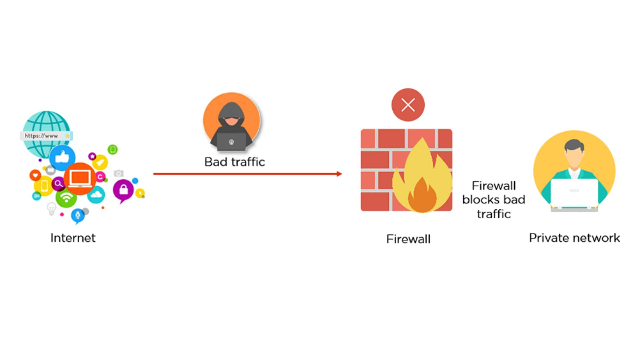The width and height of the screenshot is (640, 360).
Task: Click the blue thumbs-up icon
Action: pyautogui.click(x=62, y=157)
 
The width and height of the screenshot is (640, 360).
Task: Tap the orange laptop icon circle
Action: pyautogui.click(x=80, y=178)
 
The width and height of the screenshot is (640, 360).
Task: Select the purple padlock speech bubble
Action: pyautogui.click(x=123, y=190)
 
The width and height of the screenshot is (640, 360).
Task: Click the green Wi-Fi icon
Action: pyautogui.click(x=66, y=198)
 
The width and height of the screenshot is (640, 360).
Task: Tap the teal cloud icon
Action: pyautogui.click(x=96, y=195)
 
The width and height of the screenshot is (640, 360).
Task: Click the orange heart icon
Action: pyautogui.click(x=35, y=175)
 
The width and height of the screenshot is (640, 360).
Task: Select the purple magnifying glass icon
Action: pyautogui.click(x=58, y=183)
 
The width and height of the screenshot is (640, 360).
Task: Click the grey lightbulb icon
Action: pyautogui.click(x=51, y=209)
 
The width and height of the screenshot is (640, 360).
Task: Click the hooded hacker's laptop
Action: pyautogui.click(x=231, y=142)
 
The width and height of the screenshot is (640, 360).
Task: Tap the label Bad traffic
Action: pyautogui.click(x=235, y=162)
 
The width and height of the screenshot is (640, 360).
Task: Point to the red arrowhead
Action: pyautogui.click(x=339, y=174)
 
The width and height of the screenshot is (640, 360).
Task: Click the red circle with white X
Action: pyautogui.click(x=408, y=105)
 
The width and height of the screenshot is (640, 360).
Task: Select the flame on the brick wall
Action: pyautogui.click(x=422, y=180)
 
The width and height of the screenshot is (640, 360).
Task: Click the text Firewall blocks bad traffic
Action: pyautogui.click(x=494, y=200)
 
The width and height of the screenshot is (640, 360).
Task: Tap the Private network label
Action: pyautogui.click(x=574, y=238)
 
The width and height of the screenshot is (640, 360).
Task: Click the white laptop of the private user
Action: pyautogui.click(x=574, y=193)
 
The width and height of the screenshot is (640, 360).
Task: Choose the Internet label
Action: pyautogui.click(x=73, y=238)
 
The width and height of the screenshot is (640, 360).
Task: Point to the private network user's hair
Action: pyautogui.click(x=574, y=145)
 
